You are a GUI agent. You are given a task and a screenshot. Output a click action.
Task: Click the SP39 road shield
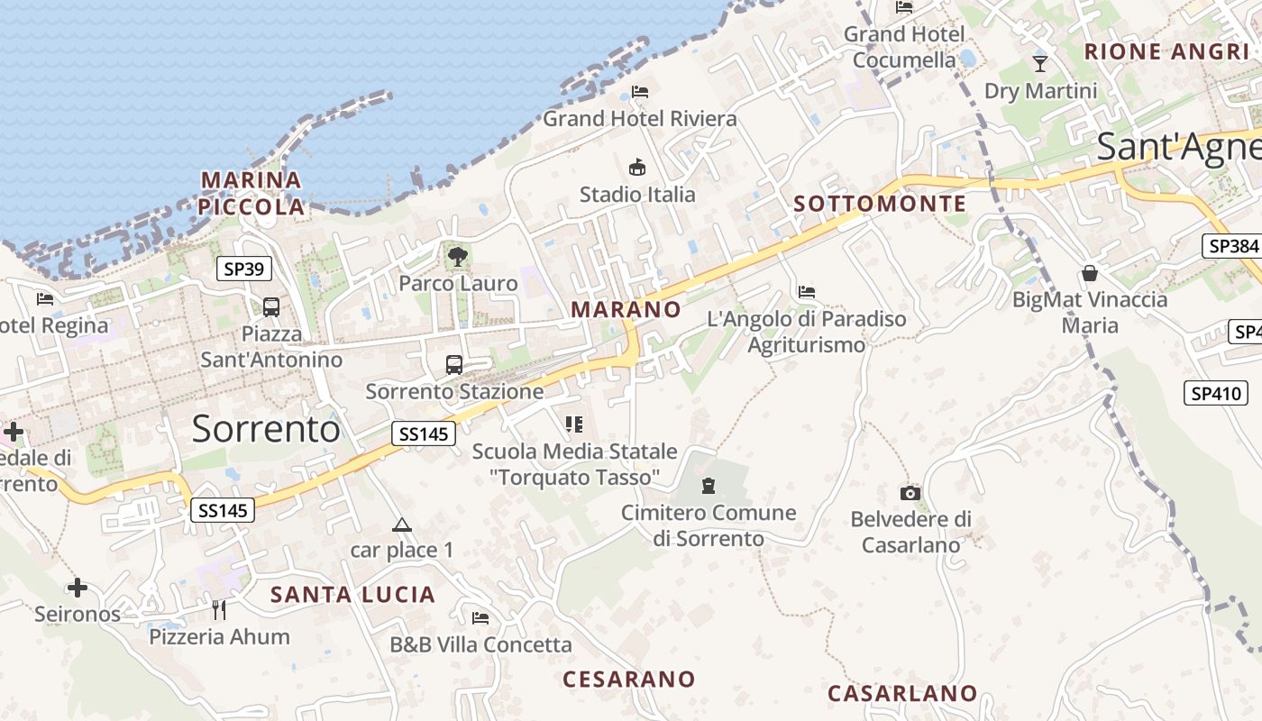[x=244, y=268]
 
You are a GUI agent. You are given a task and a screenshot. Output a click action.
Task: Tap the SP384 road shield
[x=1231, y=246]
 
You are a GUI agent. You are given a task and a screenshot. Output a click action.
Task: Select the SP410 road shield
[x=1216, y=393]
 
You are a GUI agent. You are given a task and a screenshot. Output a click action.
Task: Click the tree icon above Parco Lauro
[x=458, y=257]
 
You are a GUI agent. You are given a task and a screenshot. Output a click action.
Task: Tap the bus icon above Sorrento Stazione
[x=454, y=365]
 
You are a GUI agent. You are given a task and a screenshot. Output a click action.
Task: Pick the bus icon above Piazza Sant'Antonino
[x=271, y=306]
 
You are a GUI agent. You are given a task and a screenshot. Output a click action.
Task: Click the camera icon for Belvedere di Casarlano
[x=910, y=493]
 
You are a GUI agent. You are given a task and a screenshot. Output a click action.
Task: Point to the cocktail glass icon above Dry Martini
[x=1040, y=63]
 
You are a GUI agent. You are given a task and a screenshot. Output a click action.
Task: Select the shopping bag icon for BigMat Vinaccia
[x=1090, y=272]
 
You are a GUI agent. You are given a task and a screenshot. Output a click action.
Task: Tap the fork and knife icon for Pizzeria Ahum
[x=219, y=610]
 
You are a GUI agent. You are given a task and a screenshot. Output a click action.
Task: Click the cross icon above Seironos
[x=78, y=588]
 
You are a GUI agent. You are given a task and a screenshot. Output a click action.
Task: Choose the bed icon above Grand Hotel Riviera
[x=640, y=91]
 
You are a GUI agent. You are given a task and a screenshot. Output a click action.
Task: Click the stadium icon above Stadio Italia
[x=637, y=167]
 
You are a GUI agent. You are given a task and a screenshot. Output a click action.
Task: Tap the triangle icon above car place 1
[x=402, y=525]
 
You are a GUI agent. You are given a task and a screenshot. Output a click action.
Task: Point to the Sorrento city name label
[x=266, y=429]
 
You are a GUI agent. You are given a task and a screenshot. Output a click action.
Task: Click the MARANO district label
[x=626, y=309]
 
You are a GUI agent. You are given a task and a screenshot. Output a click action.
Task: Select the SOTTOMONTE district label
[x=880, y=204]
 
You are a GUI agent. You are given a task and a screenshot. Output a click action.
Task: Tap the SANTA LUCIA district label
[x=353, y=595]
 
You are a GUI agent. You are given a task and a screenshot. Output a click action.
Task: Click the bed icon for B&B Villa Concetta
[x=480, y=617]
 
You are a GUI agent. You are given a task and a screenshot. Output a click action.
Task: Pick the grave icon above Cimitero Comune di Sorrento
[x=709, y=486]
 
